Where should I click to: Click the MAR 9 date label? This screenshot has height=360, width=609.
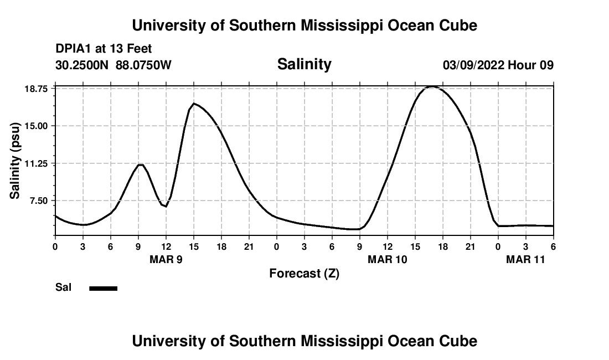click(166, 259)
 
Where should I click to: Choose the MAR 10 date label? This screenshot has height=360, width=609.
click(388, 259)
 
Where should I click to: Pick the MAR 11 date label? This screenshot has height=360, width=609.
click(526, 259)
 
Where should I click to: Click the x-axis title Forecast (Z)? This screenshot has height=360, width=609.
click(304, 274)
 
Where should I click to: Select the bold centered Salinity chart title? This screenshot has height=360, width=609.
click(304, 64)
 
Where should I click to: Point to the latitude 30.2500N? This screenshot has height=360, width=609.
click(83, 65)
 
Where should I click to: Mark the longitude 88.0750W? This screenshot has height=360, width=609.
click(143, 65)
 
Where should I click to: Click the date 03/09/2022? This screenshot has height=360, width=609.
click(473, 65)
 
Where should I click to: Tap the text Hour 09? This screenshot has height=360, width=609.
click(531, 65)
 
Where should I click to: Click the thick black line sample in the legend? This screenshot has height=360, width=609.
click(103, 288)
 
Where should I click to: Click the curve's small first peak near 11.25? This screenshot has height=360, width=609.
click(141, 164)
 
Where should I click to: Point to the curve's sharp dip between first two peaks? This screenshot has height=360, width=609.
click(166, 207)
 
